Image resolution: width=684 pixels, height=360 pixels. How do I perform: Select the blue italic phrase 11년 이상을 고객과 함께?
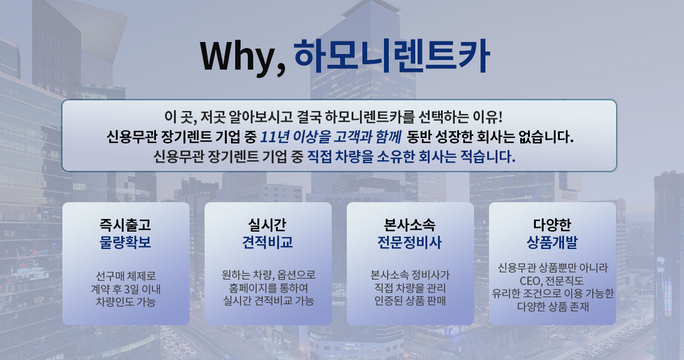tap(331, 137)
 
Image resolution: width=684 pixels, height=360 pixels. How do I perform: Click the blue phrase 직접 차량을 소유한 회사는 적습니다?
tap(411, 156)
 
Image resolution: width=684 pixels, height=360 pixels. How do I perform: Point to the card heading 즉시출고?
tap(125, 225)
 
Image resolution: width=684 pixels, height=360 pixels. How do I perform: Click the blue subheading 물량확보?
tap(125, 242)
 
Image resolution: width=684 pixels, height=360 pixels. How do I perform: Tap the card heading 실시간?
tap(268, 225)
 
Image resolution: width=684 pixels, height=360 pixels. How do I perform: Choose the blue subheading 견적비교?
tap(268, 242)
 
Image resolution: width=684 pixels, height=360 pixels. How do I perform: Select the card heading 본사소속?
tap(410, 225)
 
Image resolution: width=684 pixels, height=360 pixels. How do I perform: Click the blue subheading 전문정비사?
tap(410, 242)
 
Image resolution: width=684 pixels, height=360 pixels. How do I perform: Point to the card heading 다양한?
tap(552, 225)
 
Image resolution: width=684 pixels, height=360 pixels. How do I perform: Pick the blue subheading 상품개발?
tap(552, 242)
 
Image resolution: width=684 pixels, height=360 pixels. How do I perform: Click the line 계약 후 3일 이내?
tap(125, 289)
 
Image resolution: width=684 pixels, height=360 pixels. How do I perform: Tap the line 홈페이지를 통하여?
tap(268, 288)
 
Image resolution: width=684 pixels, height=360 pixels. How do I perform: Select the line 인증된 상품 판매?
tap(410, 301)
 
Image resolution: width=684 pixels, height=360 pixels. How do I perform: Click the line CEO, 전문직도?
tap(551, 281)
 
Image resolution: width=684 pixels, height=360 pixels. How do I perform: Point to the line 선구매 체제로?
tap(125, 276)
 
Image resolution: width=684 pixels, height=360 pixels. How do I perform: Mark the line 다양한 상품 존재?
tap(553, 307)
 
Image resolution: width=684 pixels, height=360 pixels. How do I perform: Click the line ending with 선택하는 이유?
tap(334, 117)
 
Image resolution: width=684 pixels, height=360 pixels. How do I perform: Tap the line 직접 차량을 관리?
tap(410, 288)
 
